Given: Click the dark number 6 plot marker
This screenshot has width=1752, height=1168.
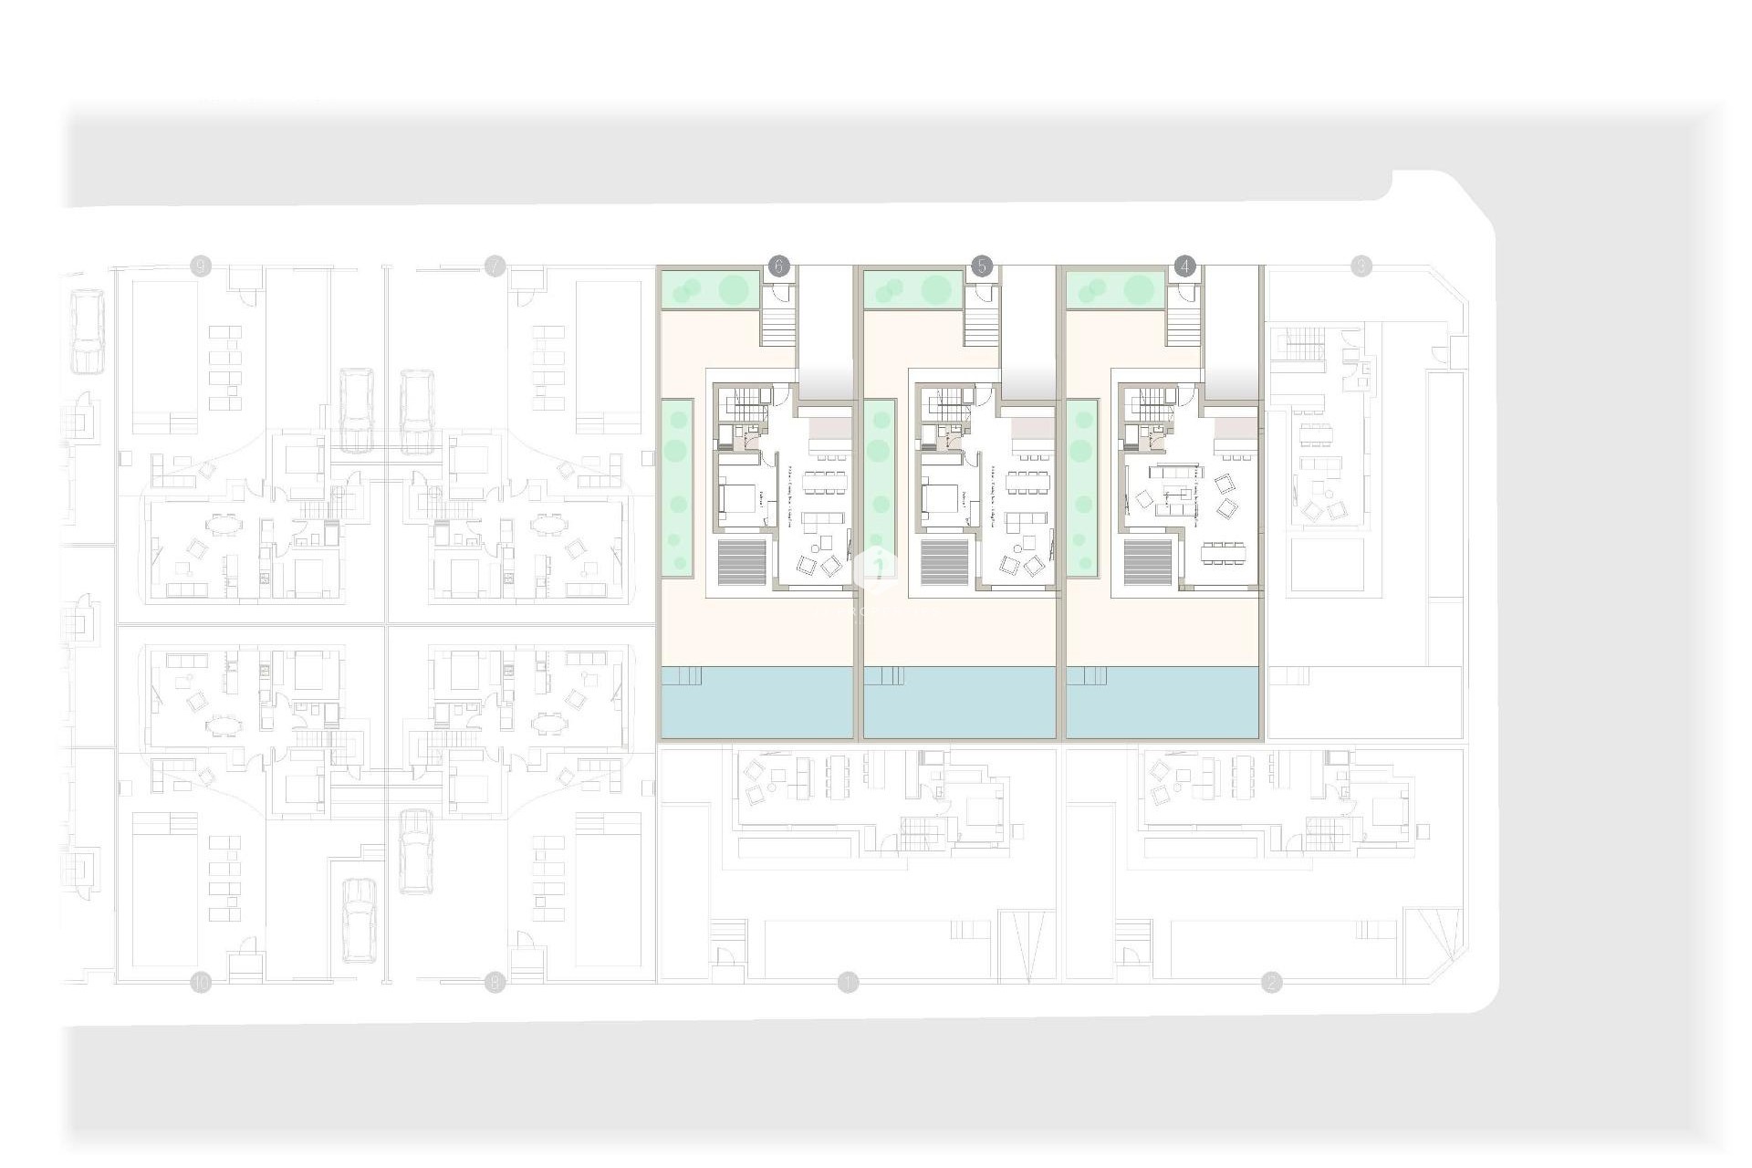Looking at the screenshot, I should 777,266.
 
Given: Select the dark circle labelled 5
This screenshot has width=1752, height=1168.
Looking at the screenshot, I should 981,266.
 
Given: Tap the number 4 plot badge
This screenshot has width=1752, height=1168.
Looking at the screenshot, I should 1184,266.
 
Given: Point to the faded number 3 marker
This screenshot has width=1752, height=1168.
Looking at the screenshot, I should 1361,266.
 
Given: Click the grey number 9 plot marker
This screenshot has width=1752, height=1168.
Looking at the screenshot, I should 201,266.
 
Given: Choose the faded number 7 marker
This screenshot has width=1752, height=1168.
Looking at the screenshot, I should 495,266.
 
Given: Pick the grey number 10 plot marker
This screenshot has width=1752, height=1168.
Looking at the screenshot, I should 201,983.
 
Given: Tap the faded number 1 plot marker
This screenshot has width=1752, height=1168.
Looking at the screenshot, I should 849,983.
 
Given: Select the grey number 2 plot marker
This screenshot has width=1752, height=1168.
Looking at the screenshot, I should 1271,983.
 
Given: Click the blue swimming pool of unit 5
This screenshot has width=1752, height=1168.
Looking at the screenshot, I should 958,703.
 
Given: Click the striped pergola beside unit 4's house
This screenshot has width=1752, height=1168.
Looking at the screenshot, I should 1148,562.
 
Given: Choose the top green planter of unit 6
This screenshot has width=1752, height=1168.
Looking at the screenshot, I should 710,290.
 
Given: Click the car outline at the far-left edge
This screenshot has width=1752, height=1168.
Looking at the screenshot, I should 88,330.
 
